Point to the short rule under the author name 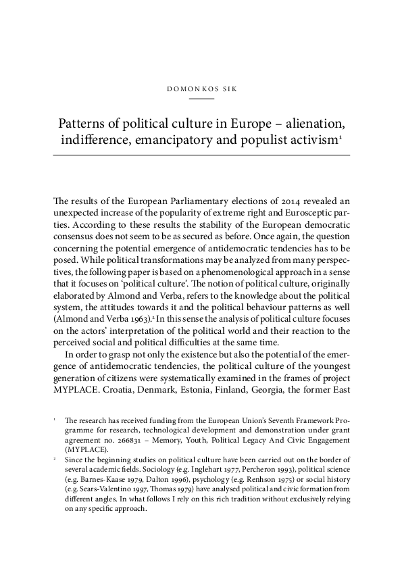click(201, 99)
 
